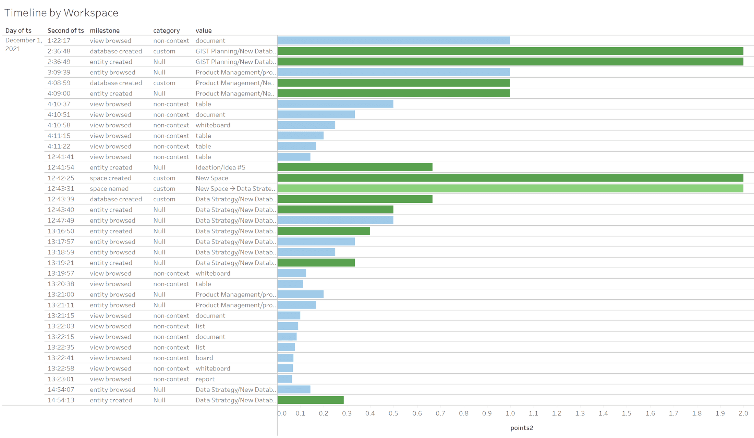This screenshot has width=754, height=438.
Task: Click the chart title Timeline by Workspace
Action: (61, 13)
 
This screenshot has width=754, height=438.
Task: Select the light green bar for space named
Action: (510, 188)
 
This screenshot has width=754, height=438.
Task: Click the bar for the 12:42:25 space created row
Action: (510, 178)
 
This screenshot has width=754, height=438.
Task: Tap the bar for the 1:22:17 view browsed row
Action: (393, 40)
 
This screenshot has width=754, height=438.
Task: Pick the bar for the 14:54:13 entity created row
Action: (311, 400)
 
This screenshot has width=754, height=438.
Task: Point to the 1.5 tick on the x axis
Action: (627, 413)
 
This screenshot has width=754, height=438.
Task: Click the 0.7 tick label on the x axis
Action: (440, 413)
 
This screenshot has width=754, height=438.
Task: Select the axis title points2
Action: (522, 428)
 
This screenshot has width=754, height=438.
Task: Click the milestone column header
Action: (105, 30)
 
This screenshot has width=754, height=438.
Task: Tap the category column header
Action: (166, 30)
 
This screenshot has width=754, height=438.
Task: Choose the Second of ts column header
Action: (65, 30)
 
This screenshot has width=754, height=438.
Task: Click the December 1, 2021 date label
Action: (23, 45)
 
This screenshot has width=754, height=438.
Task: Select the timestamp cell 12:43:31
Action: (61, 188)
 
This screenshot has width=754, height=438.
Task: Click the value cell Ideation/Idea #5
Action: (220, 167)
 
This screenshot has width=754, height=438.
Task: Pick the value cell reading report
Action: (205, 379)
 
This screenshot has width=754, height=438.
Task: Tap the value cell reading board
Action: (204, 358)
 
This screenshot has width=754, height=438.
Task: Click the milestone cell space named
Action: (109, 188)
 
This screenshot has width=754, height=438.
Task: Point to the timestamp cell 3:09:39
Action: (59, 72)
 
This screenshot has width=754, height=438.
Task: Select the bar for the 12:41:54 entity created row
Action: (355, 167)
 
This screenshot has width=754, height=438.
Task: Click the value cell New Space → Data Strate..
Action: (235, 188)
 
